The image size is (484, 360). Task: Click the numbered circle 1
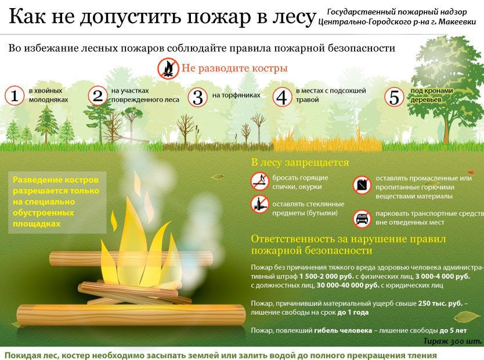pyautogui.click(x=14, y=95)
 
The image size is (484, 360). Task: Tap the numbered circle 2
pyautogui.click(x=98, y=95)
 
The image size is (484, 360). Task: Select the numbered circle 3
pyautogui.click(x=197, y=97)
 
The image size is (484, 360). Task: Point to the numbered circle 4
pyautogui.click(x=282, y=97)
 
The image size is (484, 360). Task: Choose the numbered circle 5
pyautogui.click(x=394, y=97)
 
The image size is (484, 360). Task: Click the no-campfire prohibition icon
pyautogui.click(x=168, y=69)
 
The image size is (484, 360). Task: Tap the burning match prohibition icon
pyautogui.click(x=259, y=181)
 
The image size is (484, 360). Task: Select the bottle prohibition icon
pyautogui.click(x=259, y=204)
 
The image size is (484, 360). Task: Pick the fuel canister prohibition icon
pyautogui.click(x=362, y=185)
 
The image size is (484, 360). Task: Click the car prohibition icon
pyautogui.click(x=362, y=218)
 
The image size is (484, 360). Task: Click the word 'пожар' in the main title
pyautogui.click(x=219, y=17)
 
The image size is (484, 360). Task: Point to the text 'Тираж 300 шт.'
pyautogui.click(x=452, y=341)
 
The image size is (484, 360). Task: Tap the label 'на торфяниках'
pyautogui.click(x=236, y=95)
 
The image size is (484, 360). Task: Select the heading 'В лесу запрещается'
pyautogui.click(x=299, y=163)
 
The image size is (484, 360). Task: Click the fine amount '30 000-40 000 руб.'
pyautogui.click(x=348, y=285)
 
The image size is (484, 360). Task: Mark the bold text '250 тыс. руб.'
pyautogui.click(x=440, y=303)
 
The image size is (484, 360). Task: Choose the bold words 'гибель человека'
pyautogui.click(x=343, y=330)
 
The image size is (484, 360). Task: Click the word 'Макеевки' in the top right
pyautogui.click(x=457, y=22)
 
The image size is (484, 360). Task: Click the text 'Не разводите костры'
pyautogui.click(x=234, y=69)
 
